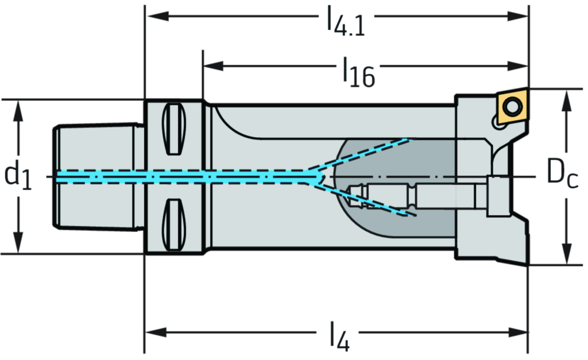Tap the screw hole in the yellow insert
511,106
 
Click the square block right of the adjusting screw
498,196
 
